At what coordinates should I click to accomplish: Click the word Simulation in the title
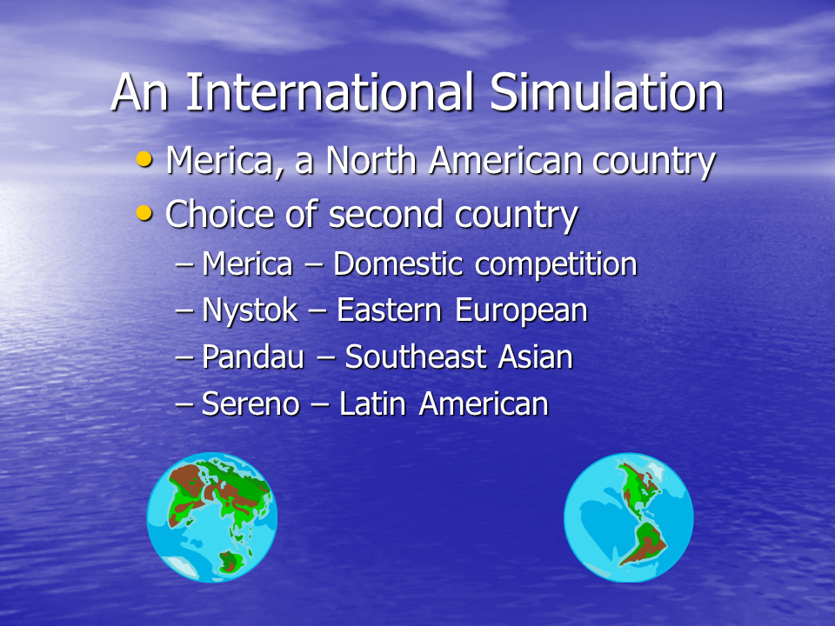click(606, 92)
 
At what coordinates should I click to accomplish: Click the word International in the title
click(330, 92)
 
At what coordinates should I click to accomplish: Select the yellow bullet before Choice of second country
click(144, 213)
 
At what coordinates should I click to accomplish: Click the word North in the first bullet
click(371, 160)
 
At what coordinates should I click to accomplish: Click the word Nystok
click(250, 310)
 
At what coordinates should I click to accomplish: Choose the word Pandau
click(253, 356)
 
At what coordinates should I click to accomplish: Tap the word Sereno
click(250, 403)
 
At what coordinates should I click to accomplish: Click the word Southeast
click(416, 356)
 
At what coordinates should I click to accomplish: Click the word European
click(521, 311)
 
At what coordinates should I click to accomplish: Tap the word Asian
click(535, 356)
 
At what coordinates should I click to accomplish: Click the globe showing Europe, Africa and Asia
click(212, 516)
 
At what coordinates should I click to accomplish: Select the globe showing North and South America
click(628, 517)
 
